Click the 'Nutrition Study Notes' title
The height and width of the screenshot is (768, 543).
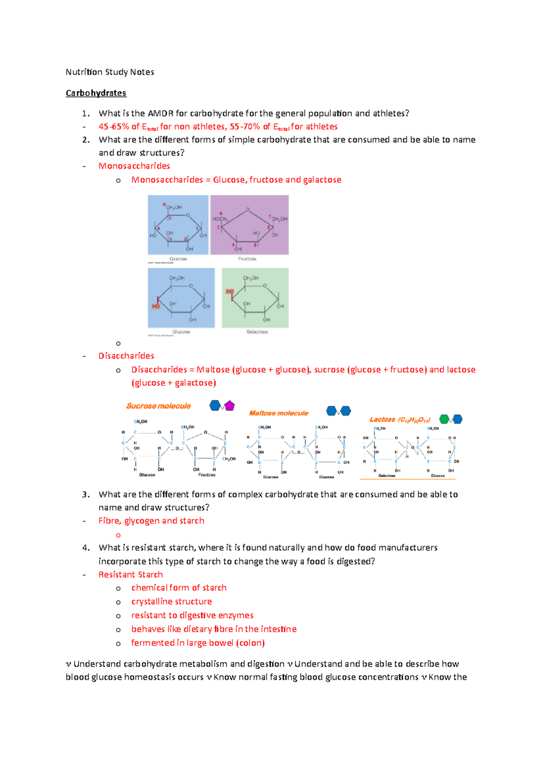tap(110, 72)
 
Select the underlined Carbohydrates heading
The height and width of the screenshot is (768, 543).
tap(96, 93)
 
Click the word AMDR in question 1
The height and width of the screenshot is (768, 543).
tap(161, 114)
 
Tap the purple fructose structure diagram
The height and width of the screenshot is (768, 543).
tap(249, 225)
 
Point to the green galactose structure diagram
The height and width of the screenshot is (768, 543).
tap(255, 298)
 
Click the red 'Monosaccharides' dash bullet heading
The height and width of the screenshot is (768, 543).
tap(134, 166)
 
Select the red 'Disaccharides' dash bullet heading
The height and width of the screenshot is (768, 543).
tap(126, 356)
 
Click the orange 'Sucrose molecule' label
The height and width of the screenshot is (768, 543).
tap(158, 406)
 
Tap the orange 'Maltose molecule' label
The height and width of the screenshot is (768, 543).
tap(278, 413)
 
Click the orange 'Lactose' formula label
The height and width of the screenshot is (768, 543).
tap(400, 420)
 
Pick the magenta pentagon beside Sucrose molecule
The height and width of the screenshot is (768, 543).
tap(230, 405)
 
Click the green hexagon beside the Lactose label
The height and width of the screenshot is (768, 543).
tap(444, 419)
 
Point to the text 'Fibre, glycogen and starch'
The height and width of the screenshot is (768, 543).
tap(151, 521)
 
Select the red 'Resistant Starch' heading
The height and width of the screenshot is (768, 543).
tap(131, 575)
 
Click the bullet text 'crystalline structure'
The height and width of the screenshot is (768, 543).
tap(171, 602)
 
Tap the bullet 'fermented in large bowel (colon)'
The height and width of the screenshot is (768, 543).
tap(198, 643)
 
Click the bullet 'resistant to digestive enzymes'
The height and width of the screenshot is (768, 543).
tap(192, 616)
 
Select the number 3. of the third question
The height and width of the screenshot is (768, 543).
tap(86, 495)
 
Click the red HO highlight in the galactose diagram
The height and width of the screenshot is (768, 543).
tap(230, 292)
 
